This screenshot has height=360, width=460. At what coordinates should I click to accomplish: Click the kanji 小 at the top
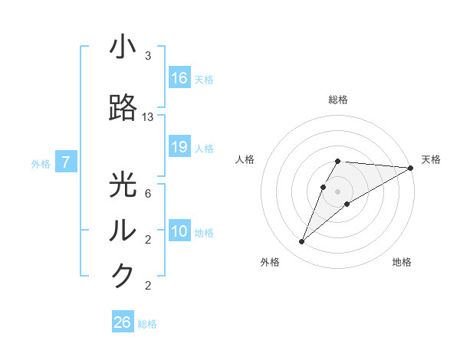tap(123, 47)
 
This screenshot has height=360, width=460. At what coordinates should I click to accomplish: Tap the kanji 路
tap(123, 108)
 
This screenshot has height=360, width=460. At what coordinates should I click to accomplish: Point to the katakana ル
tap(123, 231)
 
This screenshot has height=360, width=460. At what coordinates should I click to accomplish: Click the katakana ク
tap(123, 275)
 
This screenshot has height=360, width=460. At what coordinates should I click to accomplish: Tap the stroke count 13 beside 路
tap(148, 117)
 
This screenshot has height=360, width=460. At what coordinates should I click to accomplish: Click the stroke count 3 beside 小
tap(148, 56)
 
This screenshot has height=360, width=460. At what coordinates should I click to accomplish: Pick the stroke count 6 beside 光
tap(148, 194)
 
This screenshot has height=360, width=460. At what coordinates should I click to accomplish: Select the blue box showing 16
tap(179, 78)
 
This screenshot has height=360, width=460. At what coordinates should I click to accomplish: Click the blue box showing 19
tap(179, 147)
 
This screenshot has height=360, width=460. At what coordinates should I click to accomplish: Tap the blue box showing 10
tap(179, 231)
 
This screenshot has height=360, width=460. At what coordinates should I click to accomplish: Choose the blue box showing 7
tap(66, 162)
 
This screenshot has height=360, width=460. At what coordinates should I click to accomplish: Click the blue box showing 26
tap(123, 322)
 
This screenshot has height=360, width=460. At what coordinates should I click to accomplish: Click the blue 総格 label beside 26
tap(147, 324)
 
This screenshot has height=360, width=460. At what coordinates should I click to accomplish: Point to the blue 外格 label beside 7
tap(41, 163)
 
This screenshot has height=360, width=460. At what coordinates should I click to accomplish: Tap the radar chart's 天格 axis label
tap(431, 159)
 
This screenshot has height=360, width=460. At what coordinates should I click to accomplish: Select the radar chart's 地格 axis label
tap(402, 262)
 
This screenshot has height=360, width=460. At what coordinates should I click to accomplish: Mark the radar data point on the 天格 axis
tap(411, 168)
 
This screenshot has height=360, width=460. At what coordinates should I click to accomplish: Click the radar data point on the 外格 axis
tap(301, 242)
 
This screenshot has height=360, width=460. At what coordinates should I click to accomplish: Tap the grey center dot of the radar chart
tap(338, 191)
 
